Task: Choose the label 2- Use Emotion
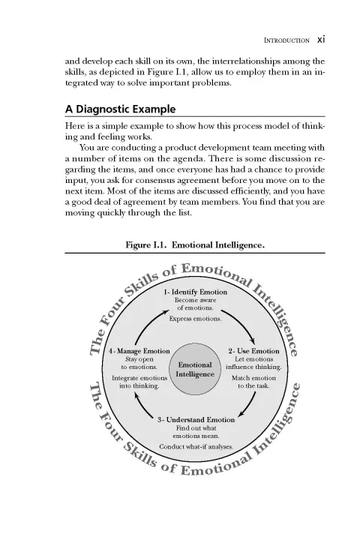(x=253, y=351)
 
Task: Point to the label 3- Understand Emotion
(x=196, y=419)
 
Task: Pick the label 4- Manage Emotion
(x=139, y=351)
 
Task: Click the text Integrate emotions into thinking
(x=139, y=382)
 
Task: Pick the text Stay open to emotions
(x=139, y=364)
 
